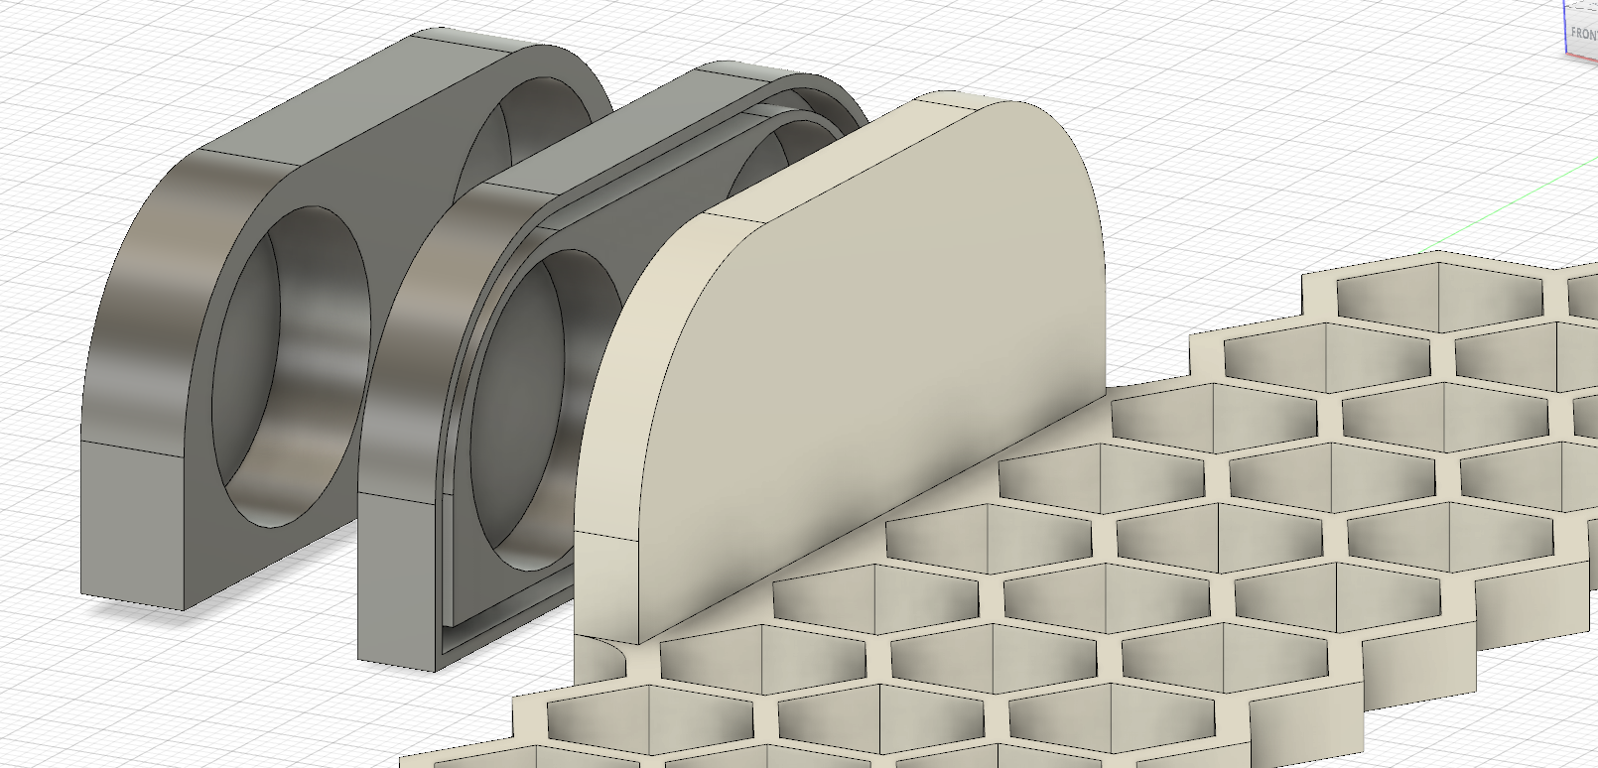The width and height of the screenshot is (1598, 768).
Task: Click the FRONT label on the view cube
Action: coord(1584,33)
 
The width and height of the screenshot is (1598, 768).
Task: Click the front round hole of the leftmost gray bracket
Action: coord(288,367)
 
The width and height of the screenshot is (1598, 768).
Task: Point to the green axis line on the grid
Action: coord(1489,213)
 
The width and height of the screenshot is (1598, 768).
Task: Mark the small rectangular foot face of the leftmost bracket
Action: coord(134,526)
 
